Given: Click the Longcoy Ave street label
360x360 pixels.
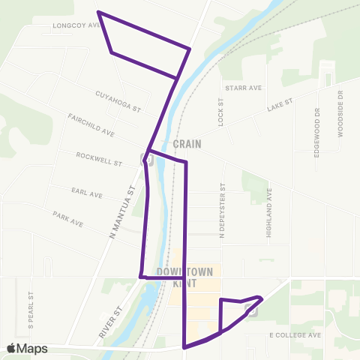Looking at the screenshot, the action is [76, 24].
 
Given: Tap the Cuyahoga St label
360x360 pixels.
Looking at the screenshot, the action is [118, 102].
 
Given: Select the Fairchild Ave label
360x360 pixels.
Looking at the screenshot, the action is [91, 125].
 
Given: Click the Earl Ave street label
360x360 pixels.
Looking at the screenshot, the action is [87, 193].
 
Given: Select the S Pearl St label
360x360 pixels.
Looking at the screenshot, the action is [31, 310].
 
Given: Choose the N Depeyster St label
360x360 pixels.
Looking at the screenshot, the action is [223, 210].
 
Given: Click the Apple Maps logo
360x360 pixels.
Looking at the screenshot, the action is [27, 348].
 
